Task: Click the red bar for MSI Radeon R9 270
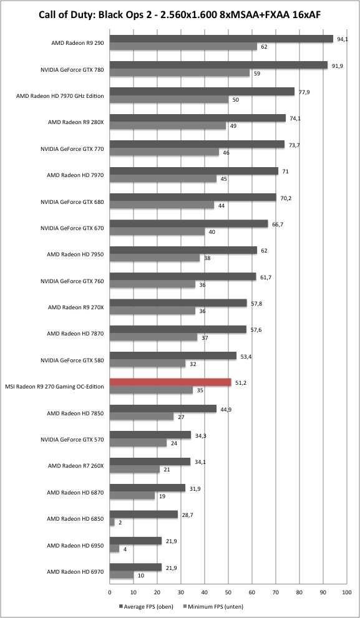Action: tap(170, 382)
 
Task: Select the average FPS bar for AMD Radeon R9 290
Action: tap(221, 39)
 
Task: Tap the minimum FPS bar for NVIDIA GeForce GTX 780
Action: tap(180, 73)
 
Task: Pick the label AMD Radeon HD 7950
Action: tap(75, 254)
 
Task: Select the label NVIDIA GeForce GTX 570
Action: tap(72, 440)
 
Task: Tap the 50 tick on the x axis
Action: tap(228, 592)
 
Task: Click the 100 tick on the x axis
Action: tap(347, 592)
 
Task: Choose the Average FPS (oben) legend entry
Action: tap(145, 607)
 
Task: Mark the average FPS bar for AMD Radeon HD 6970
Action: tap(135, 567)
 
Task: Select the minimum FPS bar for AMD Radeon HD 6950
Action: tap(114, 549)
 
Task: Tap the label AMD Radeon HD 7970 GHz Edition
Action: tap(60, 96)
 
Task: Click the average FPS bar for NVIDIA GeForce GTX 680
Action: tap(193, 197)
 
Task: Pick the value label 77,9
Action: tap(303, 92)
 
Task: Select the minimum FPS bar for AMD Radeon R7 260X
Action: tap(135, 470)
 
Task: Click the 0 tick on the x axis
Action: tap(110, 592)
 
